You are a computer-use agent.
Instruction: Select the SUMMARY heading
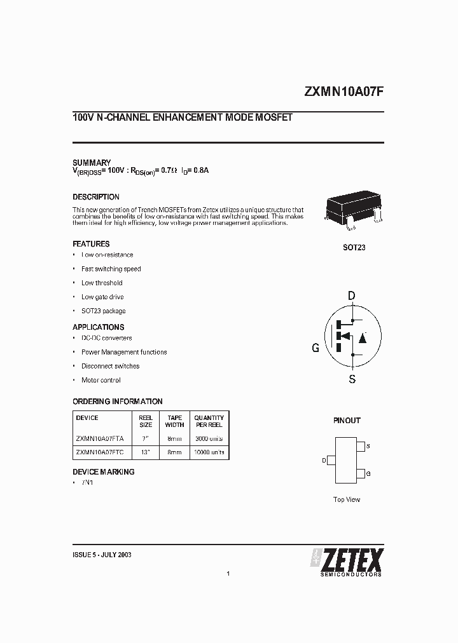[x=92, y=163]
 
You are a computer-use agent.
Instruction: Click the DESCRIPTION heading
[x=96, y=197]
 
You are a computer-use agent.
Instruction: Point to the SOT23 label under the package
[x=354, y=247]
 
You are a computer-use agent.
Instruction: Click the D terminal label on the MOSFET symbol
[x=352, y=295]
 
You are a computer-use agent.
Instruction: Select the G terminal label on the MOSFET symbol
[x=315, y=348]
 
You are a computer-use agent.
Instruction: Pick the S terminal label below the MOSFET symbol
[x=352, y=379]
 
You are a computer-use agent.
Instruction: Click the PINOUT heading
[x=347, y=421]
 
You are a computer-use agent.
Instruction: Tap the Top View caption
[x=347, y=499]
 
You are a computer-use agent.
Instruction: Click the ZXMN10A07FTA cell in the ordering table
[x=100, y=438]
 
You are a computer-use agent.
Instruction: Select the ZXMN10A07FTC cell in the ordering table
[x=100, y=453]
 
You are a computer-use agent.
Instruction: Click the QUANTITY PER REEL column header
[x=209, y=421]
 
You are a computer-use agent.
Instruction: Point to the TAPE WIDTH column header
[x=174, y=421]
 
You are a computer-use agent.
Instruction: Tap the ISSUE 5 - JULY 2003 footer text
[x=102, y=555]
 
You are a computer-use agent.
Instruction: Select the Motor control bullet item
[x=101, y=380]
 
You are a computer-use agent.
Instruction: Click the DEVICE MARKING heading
[x=104, y=472]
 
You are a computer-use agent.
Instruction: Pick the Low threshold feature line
[x=102, y=283]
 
